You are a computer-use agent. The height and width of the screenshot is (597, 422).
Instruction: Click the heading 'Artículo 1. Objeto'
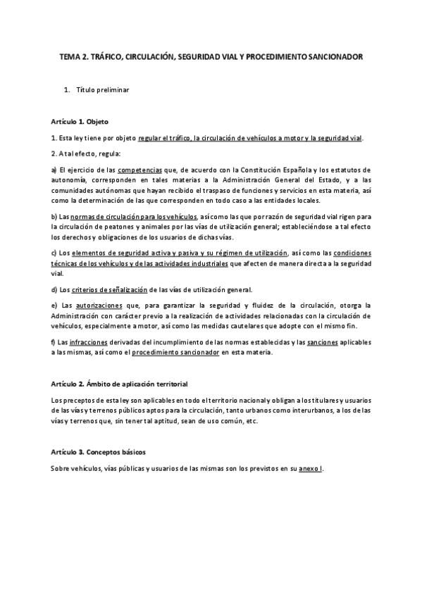(80, 121)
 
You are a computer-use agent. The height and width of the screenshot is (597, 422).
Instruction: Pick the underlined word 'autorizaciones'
(98, 305)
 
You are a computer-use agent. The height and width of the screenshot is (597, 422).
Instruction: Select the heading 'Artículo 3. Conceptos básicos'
(98, 451)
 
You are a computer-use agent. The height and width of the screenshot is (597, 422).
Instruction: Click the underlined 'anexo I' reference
(309, 468)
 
